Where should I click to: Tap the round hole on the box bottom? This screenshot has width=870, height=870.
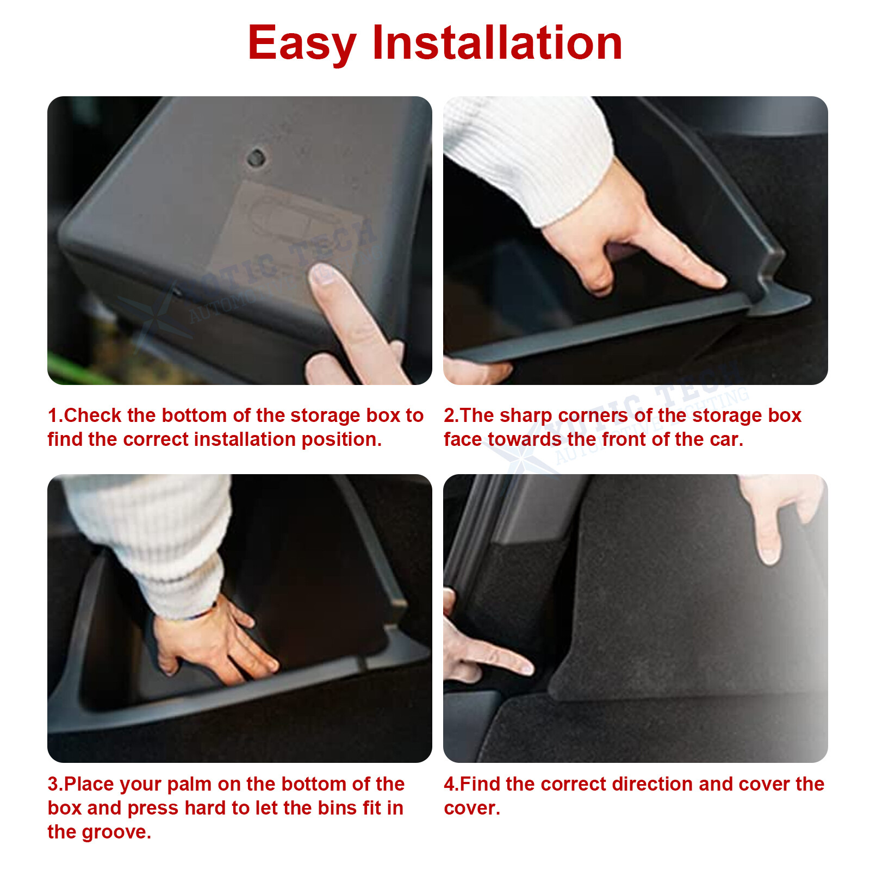coord(256,158)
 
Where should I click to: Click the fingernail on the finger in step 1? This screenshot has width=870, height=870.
coord(323,274)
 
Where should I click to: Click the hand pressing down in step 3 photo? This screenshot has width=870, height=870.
coord(212,642)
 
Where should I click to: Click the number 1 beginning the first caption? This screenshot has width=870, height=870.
coord(52,415)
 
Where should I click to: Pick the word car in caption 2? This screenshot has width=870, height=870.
coord(726,439)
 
